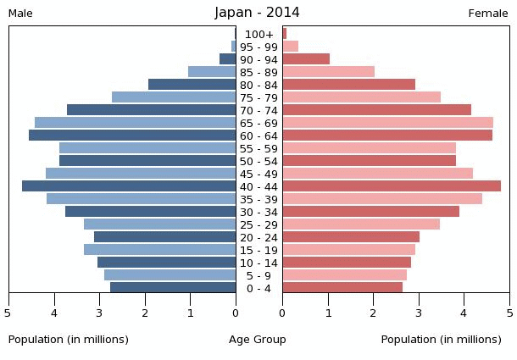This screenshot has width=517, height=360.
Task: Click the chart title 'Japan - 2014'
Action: [x=257, y=13]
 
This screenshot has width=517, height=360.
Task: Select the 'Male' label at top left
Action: [x=20, y=14]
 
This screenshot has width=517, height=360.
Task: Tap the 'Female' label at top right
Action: [x=488, y=14]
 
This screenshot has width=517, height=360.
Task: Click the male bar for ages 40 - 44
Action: [x=129, y=186]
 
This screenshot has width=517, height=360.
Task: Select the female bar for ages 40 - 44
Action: [x=392, y=186]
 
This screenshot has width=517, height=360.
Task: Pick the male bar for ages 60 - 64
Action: [x=132, y=136]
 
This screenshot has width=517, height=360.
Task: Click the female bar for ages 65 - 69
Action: [x=387, y=123]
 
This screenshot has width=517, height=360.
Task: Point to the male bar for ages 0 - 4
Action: [x=173, y=288]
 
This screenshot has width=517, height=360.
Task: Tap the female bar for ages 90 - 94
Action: [x=306, y=59]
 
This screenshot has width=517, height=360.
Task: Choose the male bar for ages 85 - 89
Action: [x=212, y=72]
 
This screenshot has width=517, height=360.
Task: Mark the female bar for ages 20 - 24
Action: [x=351, y=237]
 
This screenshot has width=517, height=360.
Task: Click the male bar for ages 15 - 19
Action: [x=159, y=250]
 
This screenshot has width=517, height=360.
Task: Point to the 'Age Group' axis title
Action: [x=258, y=340]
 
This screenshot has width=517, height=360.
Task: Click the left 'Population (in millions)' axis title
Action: [x=69, y=340]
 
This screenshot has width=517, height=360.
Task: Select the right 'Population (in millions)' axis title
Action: [x=441, y=340]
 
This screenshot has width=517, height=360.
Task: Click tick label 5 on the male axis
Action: [x=8, y=313]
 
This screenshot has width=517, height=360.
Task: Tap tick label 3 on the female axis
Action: [x=419, y=313]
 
